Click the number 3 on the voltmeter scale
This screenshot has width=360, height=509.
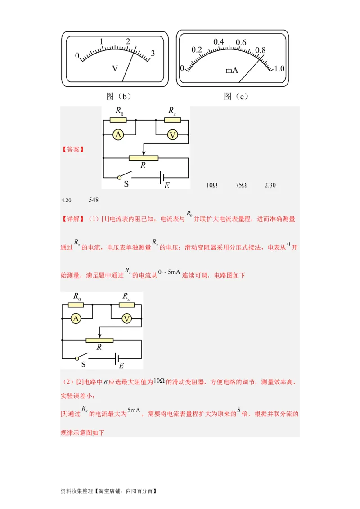(x=153, y=53)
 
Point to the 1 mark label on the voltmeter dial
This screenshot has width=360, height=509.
(x=102, y=42)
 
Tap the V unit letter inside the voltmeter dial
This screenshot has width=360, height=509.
(x=115, y=68)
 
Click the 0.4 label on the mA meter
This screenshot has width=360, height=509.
(x=219, y=42)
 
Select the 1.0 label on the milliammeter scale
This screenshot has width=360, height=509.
(x=279, y=69)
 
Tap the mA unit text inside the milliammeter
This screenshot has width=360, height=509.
(x=232, y=71)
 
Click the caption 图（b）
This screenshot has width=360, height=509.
(x=118, y=96)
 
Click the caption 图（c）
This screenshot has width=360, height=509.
(x=236, y=96)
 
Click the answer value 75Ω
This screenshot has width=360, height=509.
(x=241, y=185)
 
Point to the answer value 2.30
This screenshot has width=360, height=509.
(x=270, y=185)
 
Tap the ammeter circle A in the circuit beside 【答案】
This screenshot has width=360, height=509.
(x=118, y=135)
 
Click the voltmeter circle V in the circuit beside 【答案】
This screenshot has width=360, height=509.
(x=172, y=135)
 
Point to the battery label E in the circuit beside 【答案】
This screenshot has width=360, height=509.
(x=167, y=185)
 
